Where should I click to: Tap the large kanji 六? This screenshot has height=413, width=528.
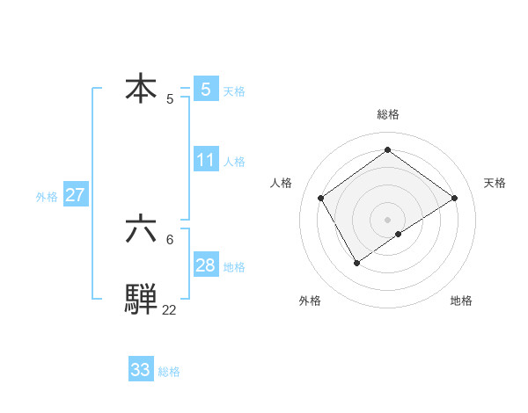point(142,229)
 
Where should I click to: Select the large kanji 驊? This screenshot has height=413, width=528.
point(142,299)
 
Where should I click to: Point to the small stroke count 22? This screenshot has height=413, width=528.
point(169,309)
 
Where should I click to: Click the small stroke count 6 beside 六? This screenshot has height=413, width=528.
point(170,239)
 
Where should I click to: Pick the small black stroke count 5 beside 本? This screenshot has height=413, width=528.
point(170,99)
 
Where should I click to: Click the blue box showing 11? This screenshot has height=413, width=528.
point(206,160)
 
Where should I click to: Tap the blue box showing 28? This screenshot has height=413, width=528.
point(206,265)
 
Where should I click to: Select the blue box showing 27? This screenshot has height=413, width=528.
point(75,195)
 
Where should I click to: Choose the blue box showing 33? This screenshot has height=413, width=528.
point(141,370)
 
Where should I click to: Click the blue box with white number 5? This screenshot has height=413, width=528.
point(206,89)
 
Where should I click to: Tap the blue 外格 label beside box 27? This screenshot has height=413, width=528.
point(47,197)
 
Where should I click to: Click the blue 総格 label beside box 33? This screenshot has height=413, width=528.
point(169,372)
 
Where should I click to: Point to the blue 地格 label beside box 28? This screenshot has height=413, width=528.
point(234,267)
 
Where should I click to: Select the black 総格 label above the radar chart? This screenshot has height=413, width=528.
point(387,114)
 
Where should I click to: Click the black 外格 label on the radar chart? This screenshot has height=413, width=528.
point(310,301)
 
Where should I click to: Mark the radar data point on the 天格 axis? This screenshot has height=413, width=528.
point(454,198)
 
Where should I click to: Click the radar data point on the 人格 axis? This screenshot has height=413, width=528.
point(321,198)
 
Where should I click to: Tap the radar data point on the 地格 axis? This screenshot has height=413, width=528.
point(399,234)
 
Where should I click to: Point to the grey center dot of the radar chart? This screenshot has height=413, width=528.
point(387,219)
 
